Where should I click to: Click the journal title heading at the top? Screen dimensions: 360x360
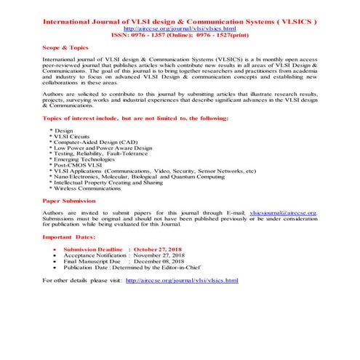(x=180, y=23)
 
